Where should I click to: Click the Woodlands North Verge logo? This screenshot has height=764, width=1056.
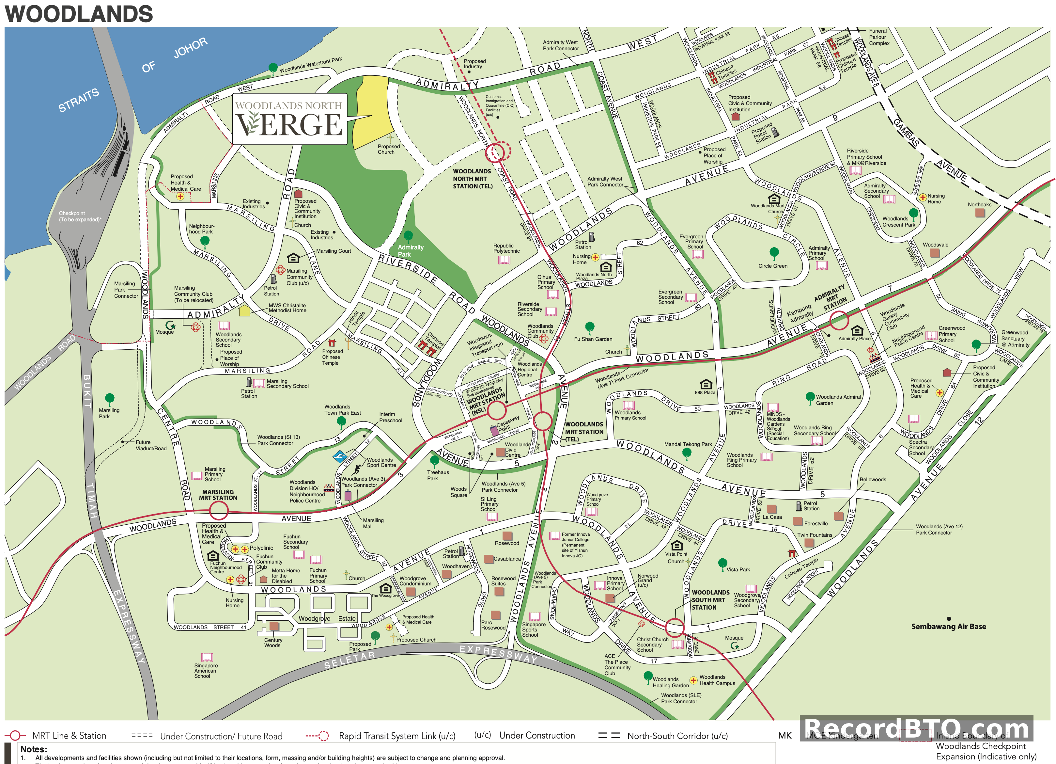click(x=289, y=119)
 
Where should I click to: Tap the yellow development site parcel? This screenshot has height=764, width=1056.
click(x=372, y=112)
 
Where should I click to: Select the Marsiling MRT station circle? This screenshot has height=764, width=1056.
click(x=218, y=511)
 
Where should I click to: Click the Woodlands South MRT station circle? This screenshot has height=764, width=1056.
click(x=674, y=628)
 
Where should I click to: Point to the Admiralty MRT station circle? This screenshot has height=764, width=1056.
click(x=839, y=321)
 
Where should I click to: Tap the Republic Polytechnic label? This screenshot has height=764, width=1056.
click(x=506, y=248)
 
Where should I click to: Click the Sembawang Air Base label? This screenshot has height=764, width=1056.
click(x=948, y=627)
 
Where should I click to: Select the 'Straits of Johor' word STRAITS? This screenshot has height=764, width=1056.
click(x=78, y=100)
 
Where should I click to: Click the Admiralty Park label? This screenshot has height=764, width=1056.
click(x=410, y=251)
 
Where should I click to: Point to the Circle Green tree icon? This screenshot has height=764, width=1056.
click(x=774, y=252)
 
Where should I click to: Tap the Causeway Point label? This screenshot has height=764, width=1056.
click(x=507, y=423)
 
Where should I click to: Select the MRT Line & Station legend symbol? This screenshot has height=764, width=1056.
click(x=15, y=736)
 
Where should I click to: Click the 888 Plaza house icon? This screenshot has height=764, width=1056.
click(x=706, y=384)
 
